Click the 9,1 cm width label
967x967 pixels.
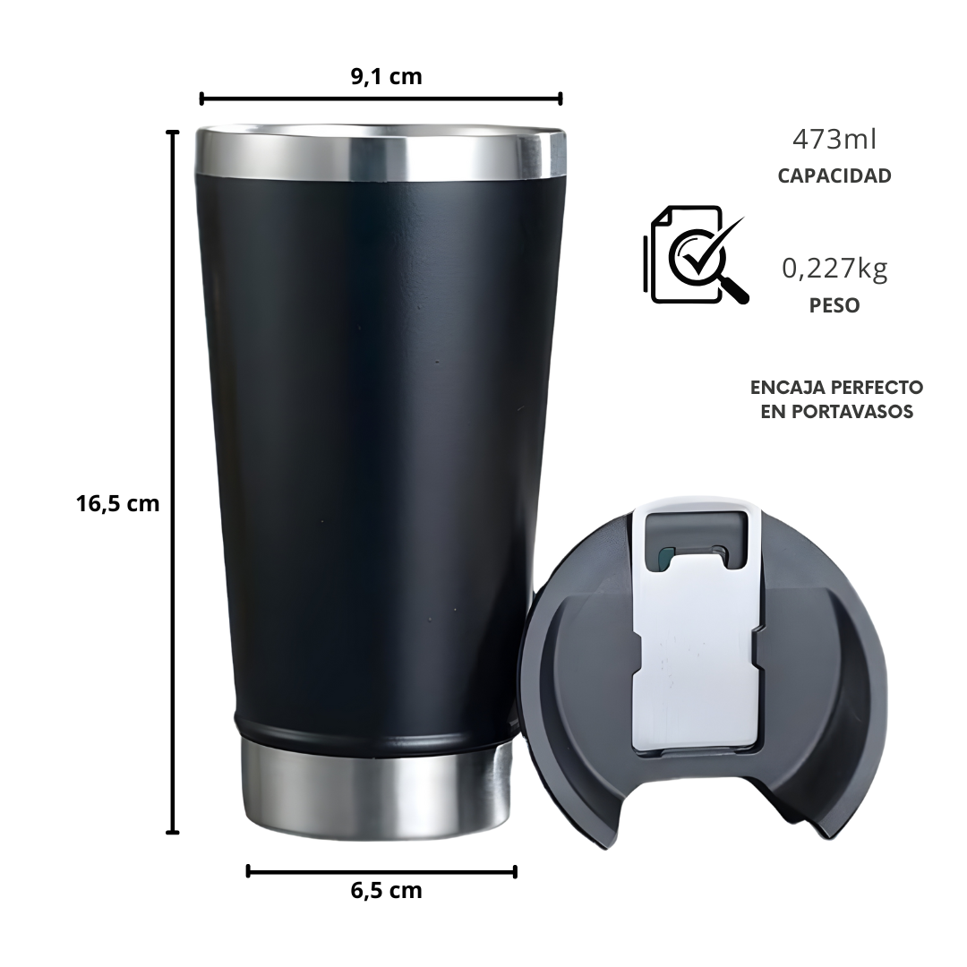point(386,76)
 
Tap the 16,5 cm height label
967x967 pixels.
point(118,504)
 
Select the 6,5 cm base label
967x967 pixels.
point(386,891)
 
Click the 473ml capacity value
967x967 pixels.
point(834,140)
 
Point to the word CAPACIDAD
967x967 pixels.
point(834,175)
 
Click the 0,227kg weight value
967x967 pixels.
point(834,269)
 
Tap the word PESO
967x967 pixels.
point(834,305)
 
